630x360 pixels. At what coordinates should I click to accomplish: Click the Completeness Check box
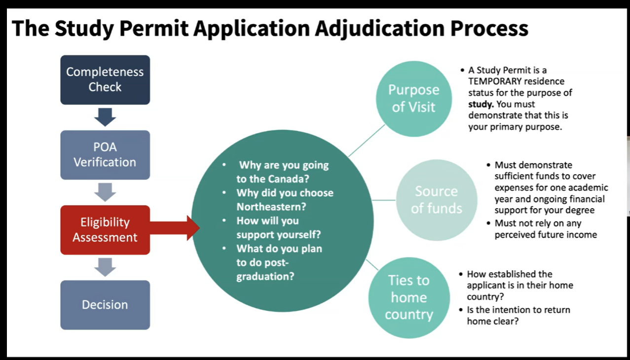coord(105,79)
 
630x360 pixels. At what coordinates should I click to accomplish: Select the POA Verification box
coord(105,155)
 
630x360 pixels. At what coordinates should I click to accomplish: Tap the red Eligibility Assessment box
coord(105,230)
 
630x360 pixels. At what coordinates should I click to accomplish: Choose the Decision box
coord(105,305)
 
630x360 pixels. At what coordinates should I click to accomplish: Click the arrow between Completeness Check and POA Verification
coord(105,117)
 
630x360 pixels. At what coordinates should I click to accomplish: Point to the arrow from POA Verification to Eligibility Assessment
coord(105,192)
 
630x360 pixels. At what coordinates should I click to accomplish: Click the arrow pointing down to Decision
coord(105,267)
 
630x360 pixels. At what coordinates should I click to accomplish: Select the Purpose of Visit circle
coord(413,98)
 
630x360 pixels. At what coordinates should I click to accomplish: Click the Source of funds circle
coord(436,200)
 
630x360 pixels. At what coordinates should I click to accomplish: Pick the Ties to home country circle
coord(408,297)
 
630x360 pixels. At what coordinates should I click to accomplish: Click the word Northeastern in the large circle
coord(267,207)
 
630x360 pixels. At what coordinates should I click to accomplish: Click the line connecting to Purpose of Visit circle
coord(366,141)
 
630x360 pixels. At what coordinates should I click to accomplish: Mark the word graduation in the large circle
coord(265,276)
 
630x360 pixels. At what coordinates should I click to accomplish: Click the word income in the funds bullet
coord(583,235)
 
